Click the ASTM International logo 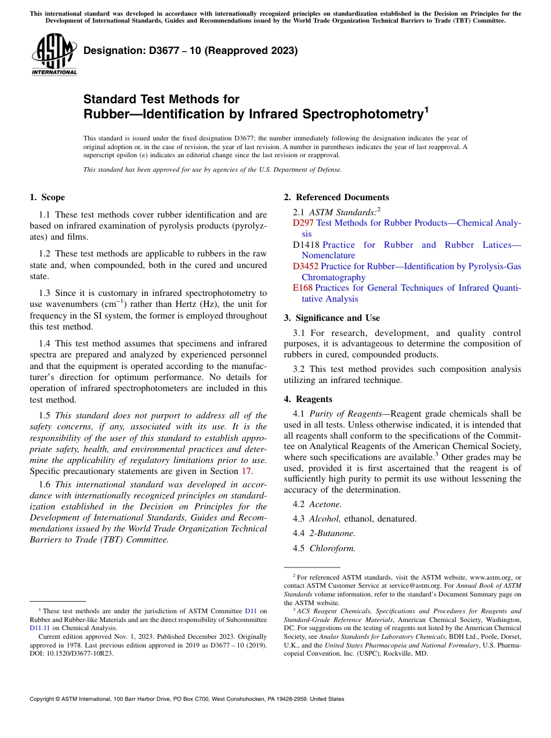point(54,55)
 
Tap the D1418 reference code point(306,245)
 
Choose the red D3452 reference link point(306,266)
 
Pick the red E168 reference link point(302,288)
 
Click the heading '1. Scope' point(47,197)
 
